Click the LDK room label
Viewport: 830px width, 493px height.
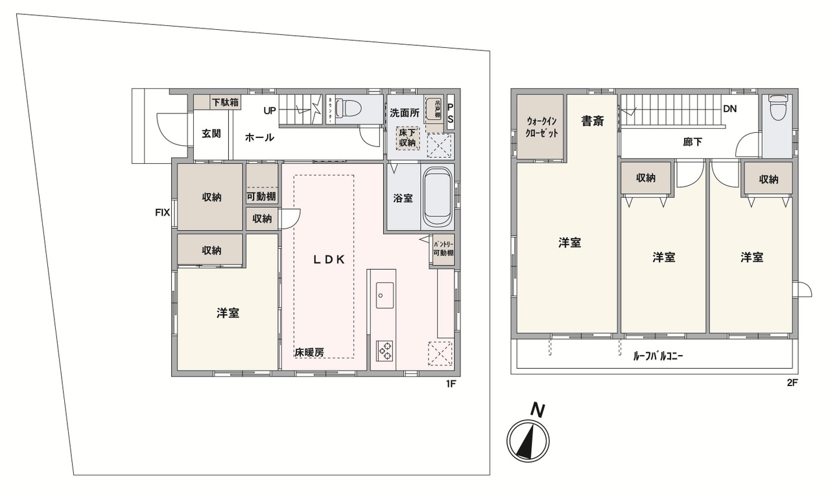[x=328, y=259]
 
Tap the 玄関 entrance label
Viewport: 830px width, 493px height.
[x=211, y=134]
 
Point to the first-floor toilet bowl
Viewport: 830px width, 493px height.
[x=350, y=106]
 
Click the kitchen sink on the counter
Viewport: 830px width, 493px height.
[x=383, y=295]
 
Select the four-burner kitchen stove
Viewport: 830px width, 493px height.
[x=385, y=350]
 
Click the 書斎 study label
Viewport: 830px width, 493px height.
[x=592, y=120]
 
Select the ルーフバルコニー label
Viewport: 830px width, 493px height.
[x=659, y=356]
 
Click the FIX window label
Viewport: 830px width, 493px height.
[x=162, y=211]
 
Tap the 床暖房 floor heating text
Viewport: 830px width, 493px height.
[x=309, y=352]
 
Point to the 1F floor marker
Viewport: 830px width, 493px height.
[x=452, y=384]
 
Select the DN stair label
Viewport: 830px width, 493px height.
[x=729, y=109]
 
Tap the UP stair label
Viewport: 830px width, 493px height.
[x=270, y=111]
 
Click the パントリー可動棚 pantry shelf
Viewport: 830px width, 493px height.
[x=443, y=248]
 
